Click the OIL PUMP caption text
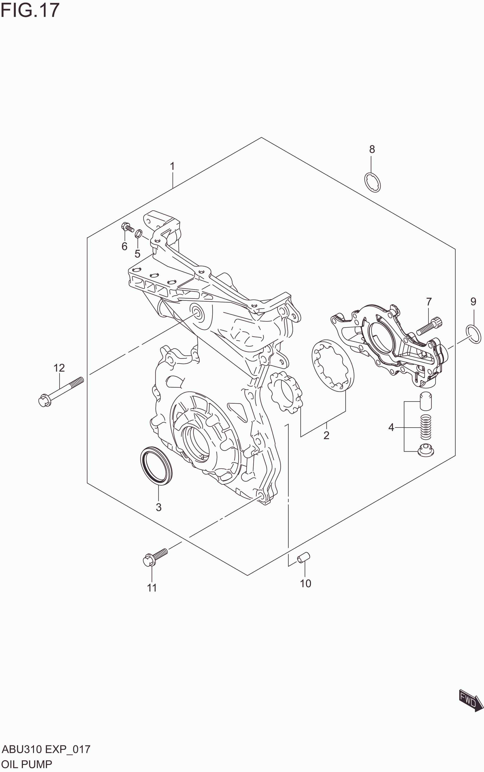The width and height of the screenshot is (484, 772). tap(27, 764)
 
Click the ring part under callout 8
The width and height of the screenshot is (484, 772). tap(373, 182)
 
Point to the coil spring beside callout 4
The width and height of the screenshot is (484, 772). tap(425, 427)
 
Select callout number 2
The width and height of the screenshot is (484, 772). tap(326, 435)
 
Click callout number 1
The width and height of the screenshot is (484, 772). tap(172, 166)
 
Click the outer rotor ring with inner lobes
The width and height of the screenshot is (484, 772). tap(333, 365)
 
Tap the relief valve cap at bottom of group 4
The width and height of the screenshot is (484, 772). tap(425, 451)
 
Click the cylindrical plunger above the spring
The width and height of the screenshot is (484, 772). tap(425, 401)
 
